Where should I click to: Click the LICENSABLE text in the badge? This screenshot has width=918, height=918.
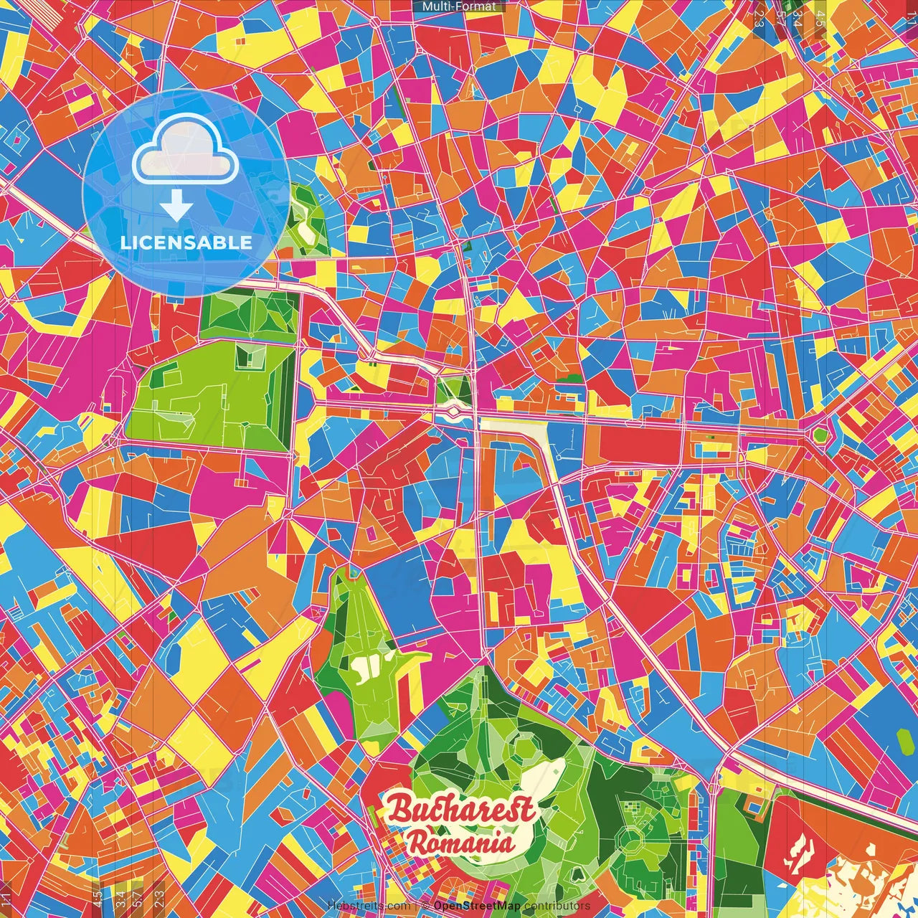(186, 242)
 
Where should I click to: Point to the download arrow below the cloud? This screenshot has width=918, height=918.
(176, 207)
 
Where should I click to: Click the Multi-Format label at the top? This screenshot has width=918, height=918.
(459, 6)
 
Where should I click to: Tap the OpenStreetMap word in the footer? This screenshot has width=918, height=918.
(477, 906)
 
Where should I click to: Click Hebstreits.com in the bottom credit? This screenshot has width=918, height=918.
(369, 906)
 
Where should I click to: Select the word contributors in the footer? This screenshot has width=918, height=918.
(557, 906)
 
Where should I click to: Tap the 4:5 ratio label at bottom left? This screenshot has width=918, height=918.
(97, 896)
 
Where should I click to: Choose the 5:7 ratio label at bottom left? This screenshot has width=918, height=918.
(137, 896)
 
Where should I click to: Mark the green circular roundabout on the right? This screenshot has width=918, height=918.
(820, 435)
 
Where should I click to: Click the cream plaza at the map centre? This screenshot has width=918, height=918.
(513, 426)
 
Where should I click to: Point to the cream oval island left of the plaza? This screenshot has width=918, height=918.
(453, 412)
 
